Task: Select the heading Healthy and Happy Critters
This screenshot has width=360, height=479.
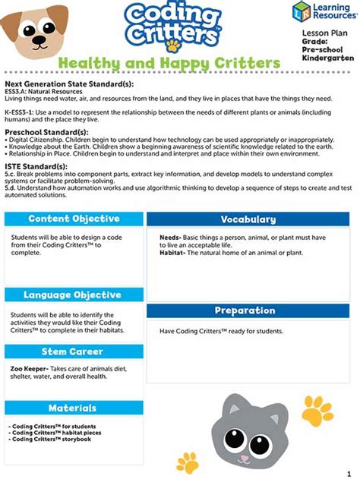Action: point(169,63)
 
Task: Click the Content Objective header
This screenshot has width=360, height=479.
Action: point(74,219)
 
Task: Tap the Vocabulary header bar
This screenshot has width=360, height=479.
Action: point(248,219)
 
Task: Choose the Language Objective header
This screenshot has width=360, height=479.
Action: point(74,295)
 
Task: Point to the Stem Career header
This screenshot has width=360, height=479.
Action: point(74,351)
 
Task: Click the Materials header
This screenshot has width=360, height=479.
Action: point(74,408)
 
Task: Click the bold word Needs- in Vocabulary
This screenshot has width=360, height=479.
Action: point(169,238)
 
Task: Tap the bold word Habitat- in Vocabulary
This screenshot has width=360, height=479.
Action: point(172,253)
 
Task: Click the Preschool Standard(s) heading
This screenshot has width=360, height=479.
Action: point(46,132)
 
